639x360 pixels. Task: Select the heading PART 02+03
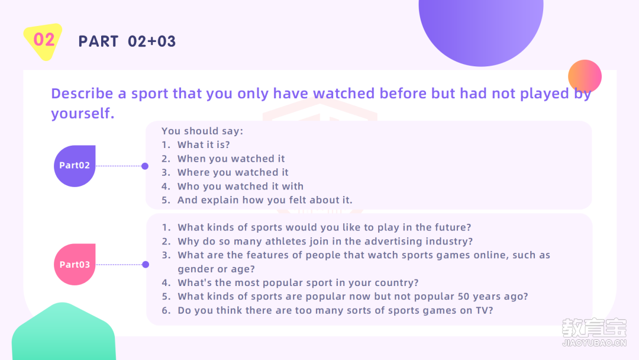127,41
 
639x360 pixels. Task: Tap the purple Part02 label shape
75,166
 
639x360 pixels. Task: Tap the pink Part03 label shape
75,264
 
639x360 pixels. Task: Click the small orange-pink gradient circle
585,76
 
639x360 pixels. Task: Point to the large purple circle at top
481,28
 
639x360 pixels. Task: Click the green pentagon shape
63,332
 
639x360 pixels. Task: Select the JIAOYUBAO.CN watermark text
594,343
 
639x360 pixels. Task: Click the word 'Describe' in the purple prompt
82,94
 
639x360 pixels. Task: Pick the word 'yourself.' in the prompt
83,113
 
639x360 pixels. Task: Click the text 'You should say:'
202,131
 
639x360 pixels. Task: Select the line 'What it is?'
204,144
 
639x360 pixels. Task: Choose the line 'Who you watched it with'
240,187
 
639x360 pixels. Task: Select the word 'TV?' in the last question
484,310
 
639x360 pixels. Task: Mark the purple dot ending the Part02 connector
145,166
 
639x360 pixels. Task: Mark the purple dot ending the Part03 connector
146,265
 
